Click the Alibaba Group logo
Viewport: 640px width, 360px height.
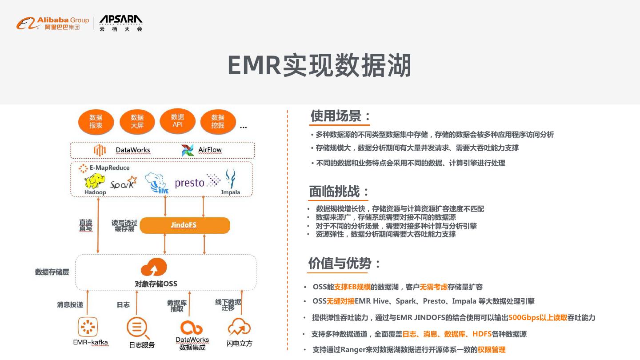pos(52,23)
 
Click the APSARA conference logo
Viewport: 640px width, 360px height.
pos(121,23)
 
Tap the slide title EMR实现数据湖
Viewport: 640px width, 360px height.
pos(319,65)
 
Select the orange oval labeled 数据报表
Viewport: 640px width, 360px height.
pos(96,121)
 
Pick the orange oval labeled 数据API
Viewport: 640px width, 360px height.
pos(177,120)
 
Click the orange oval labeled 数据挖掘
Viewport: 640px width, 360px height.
pos(218,121)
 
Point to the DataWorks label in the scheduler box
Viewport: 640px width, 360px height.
pos(133,150)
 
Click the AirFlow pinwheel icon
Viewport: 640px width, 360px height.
pos(188,150)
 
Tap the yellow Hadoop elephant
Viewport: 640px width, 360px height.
pos(95,181)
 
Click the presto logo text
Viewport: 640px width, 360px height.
pos(190,183)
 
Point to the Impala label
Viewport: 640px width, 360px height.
pos(231,192)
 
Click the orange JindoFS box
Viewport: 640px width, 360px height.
pos(184,225)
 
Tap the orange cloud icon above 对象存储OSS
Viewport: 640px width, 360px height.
pos(154,268)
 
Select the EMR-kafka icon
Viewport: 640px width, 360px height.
pos(88,328)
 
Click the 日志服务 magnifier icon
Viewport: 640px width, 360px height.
pos(137,329)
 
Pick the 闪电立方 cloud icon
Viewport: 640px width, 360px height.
pos(239,328)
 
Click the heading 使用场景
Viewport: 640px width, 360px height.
pos(340,116)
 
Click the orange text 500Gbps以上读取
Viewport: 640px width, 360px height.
pos(538,317)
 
